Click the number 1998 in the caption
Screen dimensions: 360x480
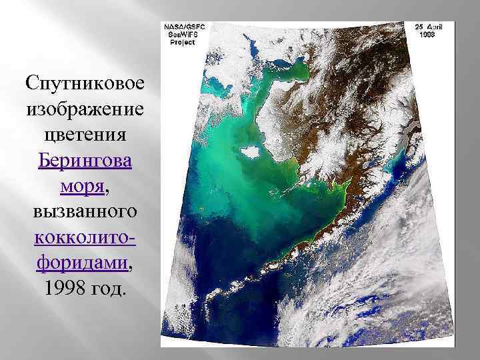61,290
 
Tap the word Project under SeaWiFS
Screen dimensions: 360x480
179,42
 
